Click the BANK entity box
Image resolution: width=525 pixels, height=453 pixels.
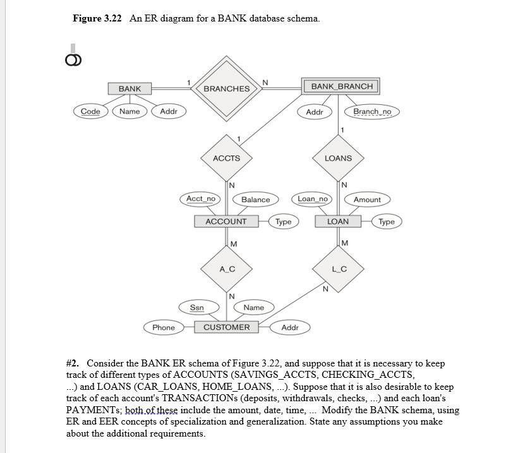coord(130,88)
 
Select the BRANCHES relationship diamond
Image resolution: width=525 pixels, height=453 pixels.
coord(227,88)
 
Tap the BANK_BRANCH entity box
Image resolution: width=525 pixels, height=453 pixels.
coord(342,87)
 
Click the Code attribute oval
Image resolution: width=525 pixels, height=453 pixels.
coord(90,112)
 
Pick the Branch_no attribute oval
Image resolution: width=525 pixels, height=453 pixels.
coord(372,112)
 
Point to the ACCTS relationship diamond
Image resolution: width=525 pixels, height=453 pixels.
coord(226,158)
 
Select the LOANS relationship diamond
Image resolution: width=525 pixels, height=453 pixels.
coord(338,158)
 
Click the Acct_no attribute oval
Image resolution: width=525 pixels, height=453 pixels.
coord(201,199)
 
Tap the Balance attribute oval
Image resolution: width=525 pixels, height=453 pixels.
coord(255,200)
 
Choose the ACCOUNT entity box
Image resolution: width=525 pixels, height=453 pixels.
coord(226,221)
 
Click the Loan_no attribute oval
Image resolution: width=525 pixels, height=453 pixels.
coord(313,199)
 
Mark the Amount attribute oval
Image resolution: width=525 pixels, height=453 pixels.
coord(367,200)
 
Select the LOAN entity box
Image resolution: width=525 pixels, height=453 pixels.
coord(337,221)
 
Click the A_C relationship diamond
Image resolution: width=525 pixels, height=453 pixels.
coord(227,269)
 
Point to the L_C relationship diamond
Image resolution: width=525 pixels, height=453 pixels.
coord(338,269)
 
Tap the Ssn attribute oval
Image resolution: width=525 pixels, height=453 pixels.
coord(197,308)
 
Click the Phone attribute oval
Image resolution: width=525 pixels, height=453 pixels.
coord(164,327)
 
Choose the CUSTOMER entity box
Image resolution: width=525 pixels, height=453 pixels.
coord(226,327)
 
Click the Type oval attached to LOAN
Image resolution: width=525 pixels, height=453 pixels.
coord(387,221)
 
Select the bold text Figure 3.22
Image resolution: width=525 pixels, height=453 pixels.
coord(97,18)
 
